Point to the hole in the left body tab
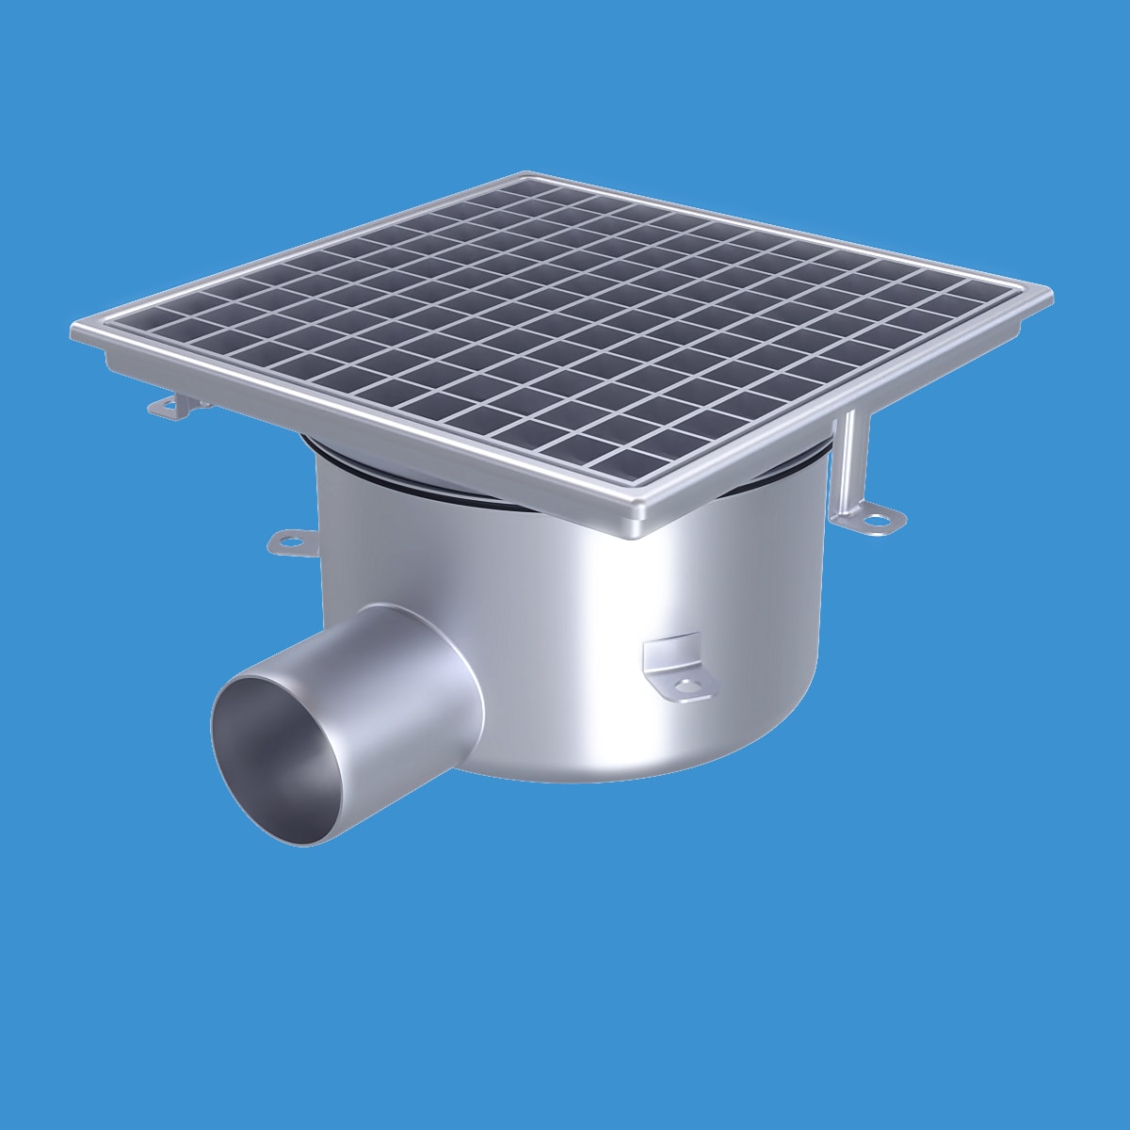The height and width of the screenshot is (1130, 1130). [x=286, y=541]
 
